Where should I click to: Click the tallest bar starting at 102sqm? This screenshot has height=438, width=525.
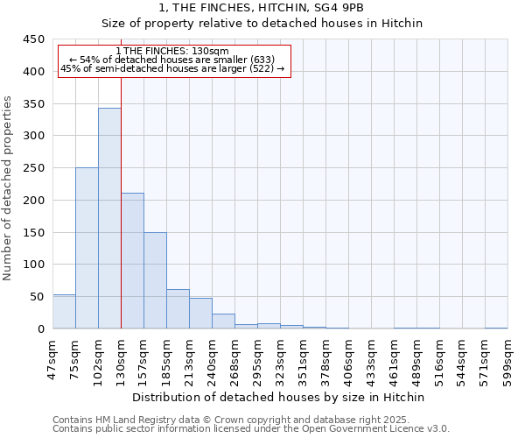pos(109,219)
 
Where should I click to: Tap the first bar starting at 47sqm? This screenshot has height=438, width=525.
pos(64,312)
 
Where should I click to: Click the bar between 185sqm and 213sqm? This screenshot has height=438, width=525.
pos(178,309)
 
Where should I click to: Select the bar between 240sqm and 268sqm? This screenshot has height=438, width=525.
pos(223,321)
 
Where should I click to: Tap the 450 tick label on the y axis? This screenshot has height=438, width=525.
pos(33,39)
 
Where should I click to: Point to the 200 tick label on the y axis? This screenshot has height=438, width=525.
pos(33,201)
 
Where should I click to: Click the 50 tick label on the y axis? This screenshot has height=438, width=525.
pos(36,297)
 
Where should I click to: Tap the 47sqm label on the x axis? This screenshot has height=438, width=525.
pos(53,357)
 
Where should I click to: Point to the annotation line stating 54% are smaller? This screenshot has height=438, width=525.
pos(172,60)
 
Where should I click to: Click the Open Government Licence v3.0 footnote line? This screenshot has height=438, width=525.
pos(250,428)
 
